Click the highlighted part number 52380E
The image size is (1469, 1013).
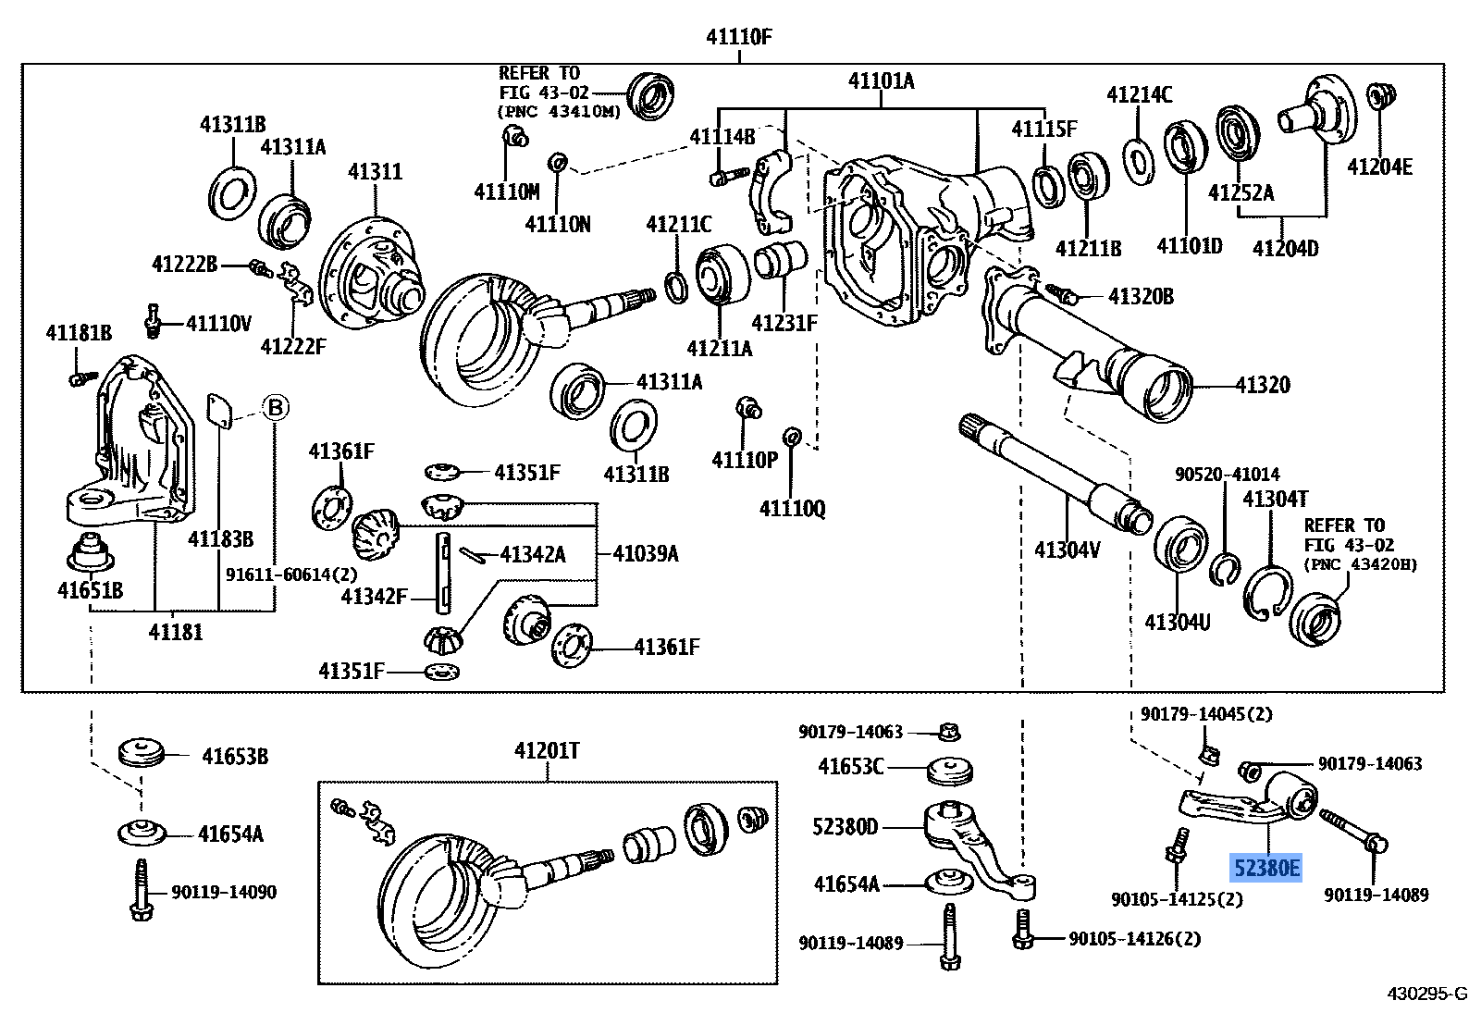1265,869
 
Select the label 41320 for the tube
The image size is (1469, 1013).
1263,386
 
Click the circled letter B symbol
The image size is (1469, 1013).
275,407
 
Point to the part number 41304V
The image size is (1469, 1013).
1067,550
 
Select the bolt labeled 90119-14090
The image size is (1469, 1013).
141,887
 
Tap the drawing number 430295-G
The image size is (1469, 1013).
1426,994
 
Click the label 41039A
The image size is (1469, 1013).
646,553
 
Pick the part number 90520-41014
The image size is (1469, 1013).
1228,475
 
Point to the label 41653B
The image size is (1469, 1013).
235,757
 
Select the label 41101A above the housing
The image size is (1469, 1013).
881,81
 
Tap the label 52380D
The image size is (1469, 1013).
846,827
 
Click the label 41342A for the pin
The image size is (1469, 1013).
532,554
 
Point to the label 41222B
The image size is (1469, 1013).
184,266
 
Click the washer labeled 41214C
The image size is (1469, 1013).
1139,159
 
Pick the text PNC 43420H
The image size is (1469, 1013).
1360,563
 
